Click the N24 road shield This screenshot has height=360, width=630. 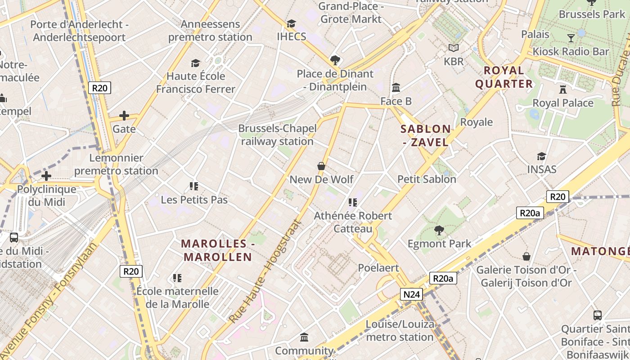click(x=411, y=294)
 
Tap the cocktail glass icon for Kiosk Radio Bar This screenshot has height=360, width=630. click(x=571, y=38)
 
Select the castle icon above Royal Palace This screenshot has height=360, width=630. click(x=562, y=89)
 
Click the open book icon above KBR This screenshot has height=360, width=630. click(x=453, y=48)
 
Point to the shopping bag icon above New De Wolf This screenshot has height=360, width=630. click(x=321, y=166)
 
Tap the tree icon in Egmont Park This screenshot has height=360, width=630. click(x=439, y=231)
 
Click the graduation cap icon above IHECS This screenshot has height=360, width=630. click(x=291, y=23)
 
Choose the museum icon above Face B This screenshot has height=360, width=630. click(x=396, y=87)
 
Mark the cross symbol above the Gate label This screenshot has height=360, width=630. click(x=124, y=116)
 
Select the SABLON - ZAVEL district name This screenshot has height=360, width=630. click(x=425, y=135)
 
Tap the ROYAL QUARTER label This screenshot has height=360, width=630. click(x=504, y=77)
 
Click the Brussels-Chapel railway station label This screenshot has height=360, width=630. click(x=277, y=135)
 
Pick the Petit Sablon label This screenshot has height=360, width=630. click(x=427, y=179)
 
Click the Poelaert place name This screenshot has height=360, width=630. click(x=378, y=268)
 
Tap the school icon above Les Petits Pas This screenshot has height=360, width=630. click(x=194, y=186)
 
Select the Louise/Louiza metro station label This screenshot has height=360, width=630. click(x=400, y=330)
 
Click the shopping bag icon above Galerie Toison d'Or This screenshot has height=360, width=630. click(x=526, y=256)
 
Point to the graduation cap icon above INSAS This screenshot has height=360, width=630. click(x=541, y=156)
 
